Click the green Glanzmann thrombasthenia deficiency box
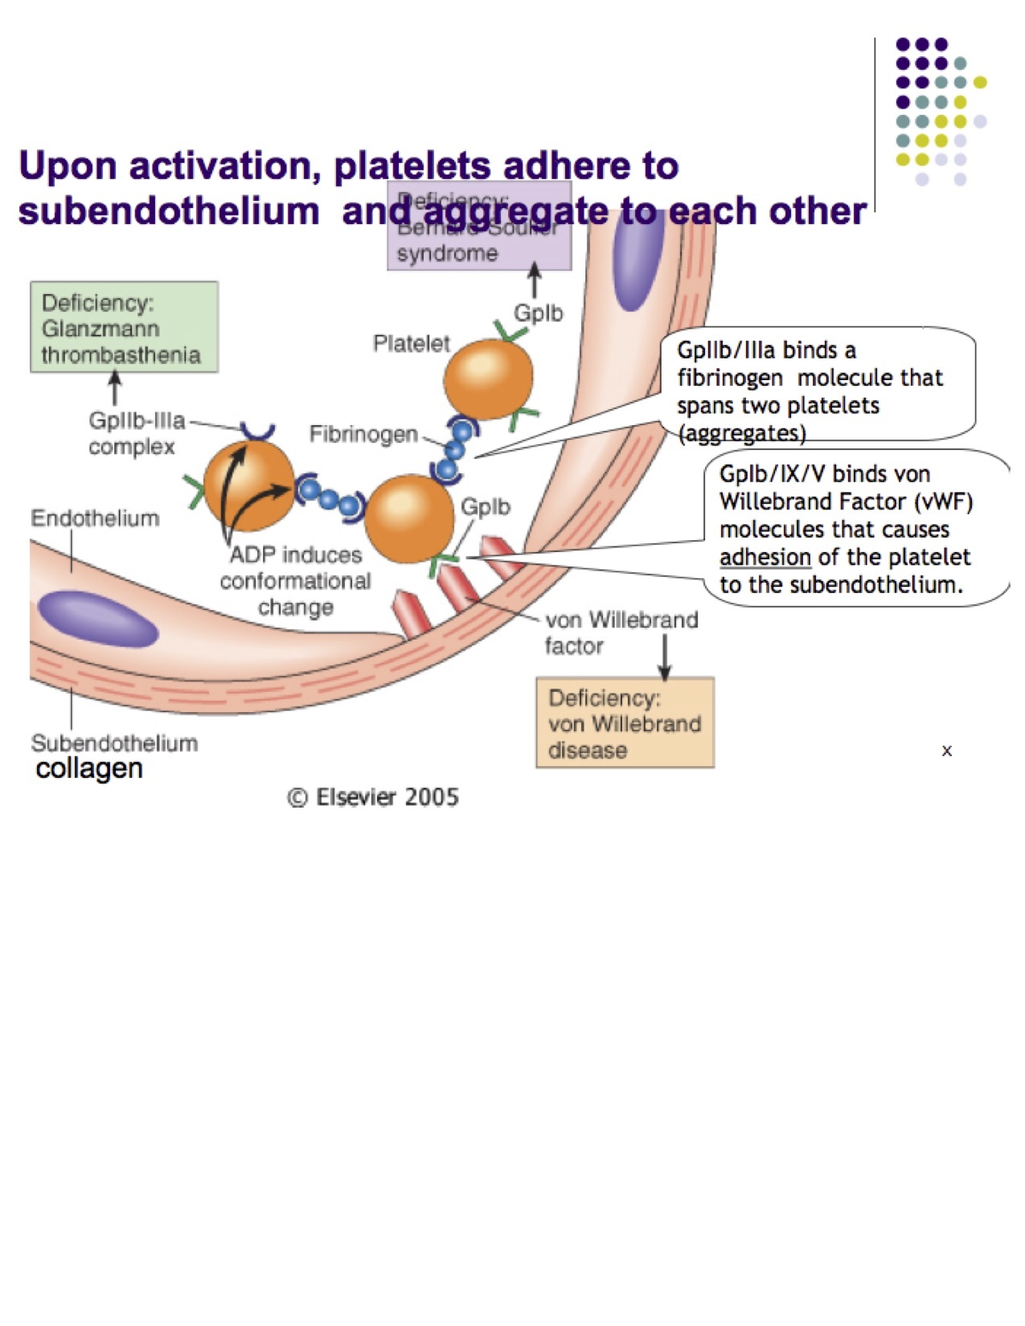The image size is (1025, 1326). [x=124, y=327]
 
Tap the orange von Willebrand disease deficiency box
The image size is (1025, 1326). [x=625, y=723]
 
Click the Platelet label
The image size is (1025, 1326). [x=411, y=344]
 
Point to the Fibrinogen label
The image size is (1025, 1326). [x=363, y=435]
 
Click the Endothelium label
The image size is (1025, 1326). [x=95, y=518]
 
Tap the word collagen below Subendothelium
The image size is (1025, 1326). [x=89, y=768]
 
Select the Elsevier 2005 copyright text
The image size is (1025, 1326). [x=373, y=797]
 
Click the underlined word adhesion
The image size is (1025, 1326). [x=765, y=557]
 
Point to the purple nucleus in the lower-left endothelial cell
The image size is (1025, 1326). [x=96, y=619]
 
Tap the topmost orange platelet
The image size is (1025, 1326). [x=488, y=379]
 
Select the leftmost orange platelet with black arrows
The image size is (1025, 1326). [x=249, y=485]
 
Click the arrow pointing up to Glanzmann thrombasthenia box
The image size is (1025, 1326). [x=115, y=389]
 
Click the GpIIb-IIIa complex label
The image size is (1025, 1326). [x=136, y=433]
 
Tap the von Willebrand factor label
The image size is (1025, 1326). [x=621, y=632]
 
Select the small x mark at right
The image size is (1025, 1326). [x=946, y=751]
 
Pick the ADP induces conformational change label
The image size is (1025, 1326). [x=296, y=581]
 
